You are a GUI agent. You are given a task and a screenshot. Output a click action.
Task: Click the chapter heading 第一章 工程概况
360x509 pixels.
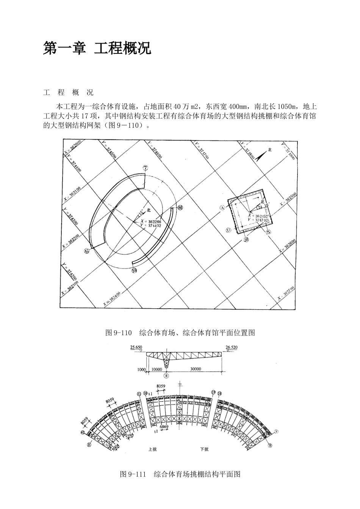coord(97,48)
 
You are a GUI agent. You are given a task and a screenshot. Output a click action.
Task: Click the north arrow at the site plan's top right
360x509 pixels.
coord(262,155)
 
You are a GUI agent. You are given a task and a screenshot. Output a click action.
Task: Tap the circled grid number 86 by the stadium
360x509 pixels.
coord(180,208)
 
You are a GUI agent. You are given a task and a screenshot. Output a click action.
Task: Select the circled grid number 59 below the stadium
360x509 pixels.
coord(134,270)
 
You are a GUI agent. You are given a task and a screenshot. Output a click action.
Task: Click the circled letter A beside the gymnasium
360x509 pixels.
coord(222,208)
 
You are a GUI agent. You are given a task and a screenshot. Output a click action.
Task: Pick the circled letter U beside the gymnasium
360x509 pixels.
coord(228,230)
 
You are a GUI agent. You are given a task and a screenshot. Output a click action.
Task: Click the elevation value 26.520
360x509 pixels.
coord(232,347)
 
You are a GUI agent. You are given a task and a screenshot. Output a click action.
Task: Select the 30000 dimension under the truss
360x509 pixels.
coord(196,369)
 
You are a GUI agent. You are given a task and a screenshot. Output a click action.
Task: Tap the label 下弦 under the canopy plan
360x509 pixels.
coord(204,450)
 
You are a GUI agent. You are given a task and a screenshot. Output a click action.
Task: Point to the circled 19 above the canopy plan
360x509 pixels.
coord(213,392)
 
